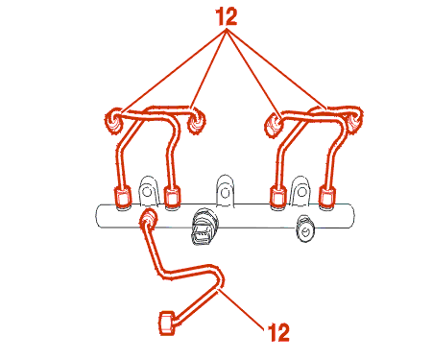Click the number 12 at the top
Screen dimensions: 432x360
[227, 16]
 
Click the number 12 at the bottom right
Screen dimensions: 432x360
[278, 332]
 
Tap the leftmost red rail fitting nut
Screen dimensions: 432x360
[123, 196]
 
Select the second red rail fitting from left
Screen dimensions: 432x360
[172, 196]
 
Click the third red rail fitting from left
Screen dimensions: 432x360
[278, 196]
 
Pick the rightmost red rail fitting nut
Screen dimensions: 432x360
[327, 196]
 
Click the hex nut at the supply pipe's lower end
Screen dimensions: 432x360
[167, 323]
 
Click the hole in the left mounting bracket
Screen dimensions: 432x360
[147, 192]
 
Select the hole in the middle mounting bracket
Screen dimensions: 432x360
[225, 193]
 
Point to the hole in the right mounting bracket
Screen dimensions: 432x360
[301, 192]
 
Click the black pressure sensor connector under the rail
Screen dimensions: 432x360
[204, 227]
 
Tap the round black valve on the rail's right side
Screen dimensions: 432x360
[305, 228]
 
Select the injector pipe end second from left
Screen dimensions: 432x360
[196, 122]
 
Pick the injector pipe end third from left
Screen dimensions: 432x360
[274, 125]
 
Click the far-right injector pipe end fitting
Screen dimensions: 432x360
[354, 120]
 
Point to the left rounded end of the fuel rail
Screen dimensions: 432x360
[98, 216]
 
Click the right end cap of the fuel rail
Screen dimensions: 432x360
[350, 216]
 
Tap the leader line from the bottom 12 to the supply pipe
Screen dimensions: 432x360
[241, 309]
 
